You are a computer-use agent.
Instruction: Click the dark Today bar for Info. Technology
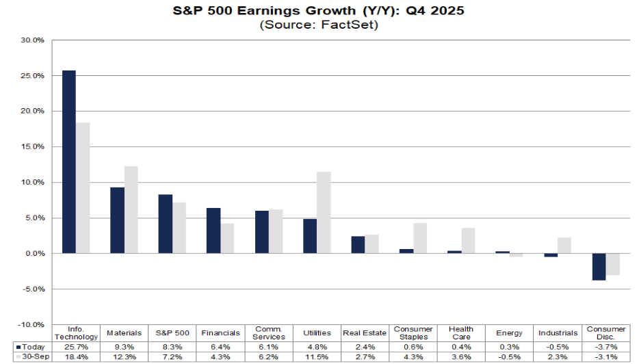[x=69, y=161]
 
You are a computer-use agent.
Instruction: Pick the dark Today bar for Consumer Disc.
[x=599, y=267]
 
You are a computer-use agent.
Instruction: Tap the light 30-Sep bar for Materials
[x=131, y=209]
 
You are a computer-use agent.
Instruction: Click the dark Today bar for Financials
[x=213, y=231]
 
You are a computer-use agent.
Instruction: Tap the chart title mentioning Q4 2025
[x=319, y=12]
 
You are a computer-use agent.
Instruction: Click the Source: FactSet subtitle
[x=319, y=25]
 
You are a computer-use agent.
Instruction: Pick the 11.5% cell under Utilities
[x=317, y=357]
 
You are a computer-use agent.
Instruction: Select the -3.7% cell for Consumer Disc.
[x=606, y=347]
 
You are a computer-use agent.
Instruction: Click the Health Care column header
[x=462, y=333]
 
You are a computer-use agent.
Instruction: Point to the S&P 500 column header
[x=172, y=333]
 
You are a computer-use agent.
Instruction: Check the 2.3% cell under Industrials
[x=558, y=357]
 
